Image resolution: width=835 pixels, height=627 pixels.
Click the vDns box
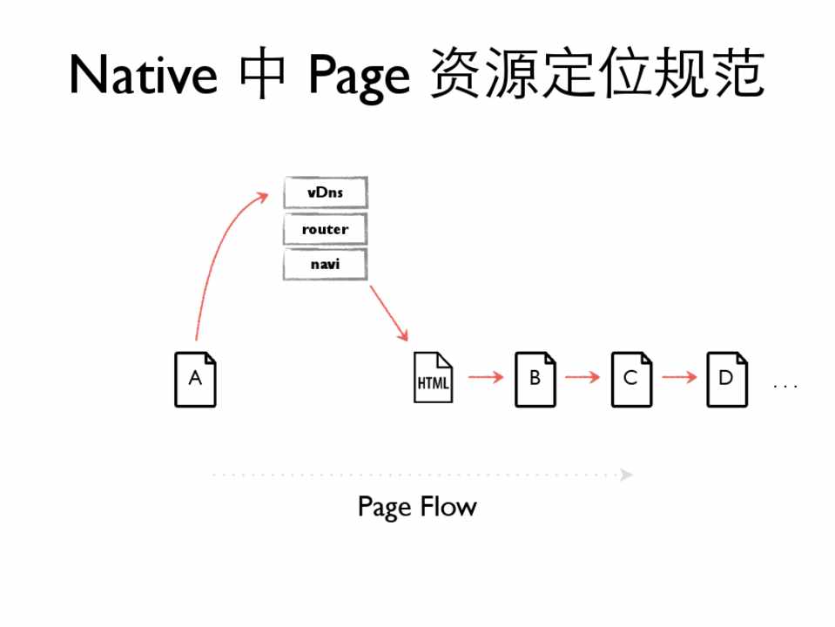point(326,192)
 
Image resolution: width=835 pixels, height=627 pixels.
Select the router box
point(326,229)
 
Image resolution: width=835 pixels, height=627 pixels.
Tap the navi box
point(326,264)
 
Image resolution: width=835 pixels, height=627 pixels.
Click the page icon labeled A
point(195,379)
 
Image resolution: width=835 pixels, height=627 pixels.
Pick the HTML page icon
point(434,379)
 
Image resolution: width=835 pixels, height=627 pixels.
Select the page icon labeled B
point(535,379)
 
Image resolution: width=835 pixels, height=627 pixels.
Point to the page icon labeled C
point(631,379)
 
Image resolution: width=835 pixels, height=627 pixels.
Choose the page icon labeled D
point(726,379)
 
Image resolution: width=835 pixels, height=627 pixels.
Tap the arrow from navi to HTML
point(388,313)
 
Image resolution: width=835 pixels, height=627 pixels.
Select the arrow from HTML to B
point(485,377)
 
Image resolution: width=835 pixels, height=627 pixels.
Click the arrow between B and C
point(582,377)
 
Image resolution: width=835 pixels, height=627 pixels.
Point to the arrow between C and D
point(679,377)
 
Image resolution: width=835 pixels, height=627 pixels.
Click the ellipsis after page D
point(785,385)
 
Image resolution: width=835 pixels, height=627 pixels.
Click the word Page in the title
point(358,77)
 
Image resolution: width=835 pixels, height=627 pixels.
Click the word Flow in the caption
point(448,506)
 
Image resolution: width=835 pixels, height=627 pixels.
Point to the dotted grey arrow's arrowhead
point(627,475)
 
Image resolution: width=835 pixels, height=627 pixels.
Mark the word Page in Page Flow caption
point(384,508)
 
